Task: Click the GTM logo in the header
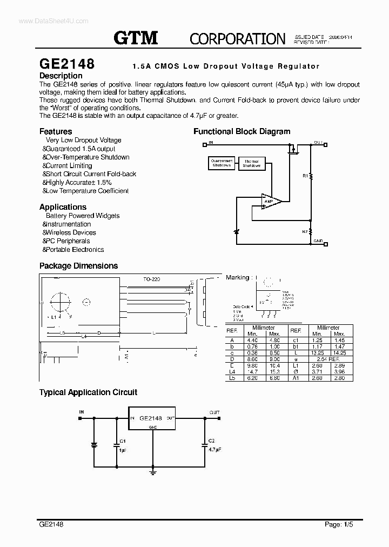pos(136,38)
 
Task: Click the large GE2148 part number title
pos(66,64)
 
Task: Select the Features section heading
pos(56,131)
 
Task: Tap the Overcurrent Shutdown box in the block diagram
pos(222,163)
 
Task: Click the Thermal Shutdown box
pos(251,163)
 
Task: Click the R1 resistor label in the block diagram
pos(305,176)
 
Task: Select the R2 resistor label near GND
pos(305,231)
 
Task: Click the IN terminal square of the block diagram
pos(204,144)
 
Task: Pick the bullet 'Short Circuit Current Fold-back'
pos(90,174)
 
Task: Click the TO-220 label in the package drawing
pos(152,279)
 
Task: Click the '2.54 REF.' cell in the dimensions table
pos(328,359)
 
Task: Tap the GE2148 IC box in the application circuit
pos(151,418)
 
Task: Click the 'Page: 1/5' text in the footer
pos(338,524)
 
